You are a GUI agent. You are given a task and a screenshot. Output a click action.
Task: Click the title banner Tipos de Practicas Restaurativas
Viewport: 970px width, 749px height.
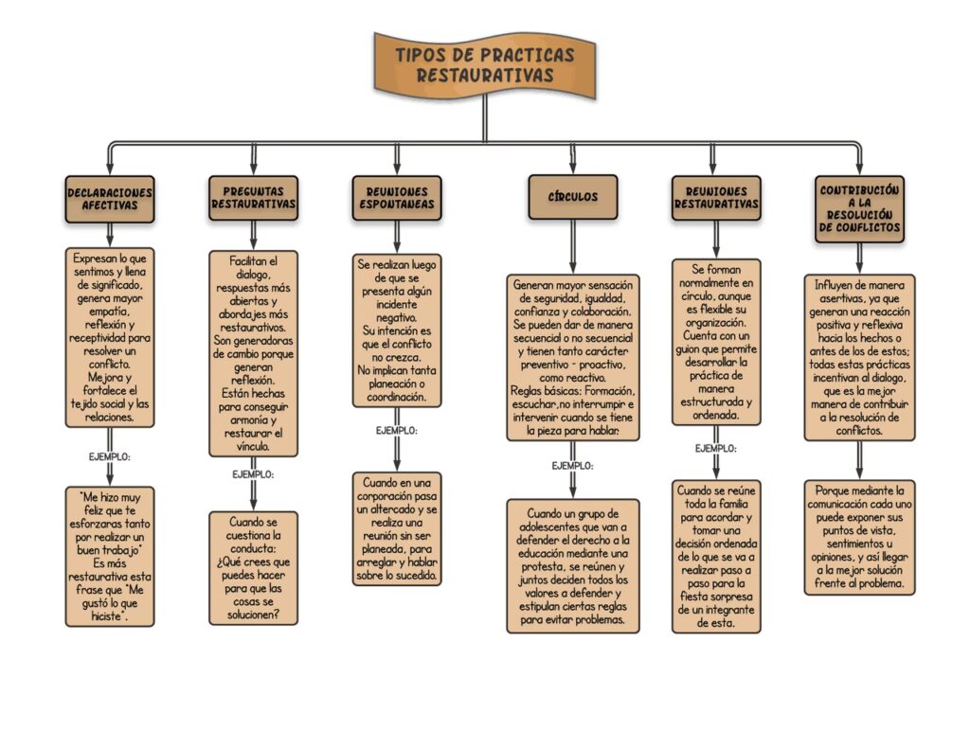[484, 64]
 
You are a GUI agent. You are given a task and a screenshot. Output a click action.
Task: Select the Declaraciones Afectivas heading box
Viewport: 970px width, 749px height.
[110, 199]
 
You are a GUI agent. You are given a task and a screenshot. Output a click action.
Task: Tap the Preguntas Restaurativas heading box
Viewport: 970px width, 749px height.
[253, 198]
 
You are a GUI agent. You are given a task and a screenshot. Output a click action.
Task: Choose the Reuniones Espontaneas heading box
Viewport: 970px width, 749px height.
[396, 198]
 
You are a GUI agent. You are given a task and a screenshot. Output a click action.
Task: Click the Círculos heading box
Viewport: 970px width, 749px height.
[572, 197]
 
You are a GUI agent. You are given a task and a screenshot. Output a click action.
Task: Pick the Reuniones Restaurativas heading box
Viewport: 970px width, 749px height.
[716, 198]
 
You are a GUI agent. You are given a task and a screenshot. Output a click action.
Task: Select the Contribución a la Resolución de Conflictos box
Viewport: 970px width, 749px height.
[859, 208]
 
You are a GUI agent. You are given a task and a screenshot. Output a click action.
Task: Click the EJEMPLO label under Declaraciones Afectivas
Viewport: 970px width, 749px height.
[110, 457]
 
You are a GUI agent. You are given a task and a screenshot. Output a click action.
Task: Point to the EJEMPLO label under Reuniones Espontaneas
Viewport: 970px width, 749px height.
[396, 431]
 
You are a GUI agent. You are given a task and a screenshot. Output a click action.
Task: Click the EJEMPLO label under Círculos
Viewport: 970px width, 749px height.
[572, 466]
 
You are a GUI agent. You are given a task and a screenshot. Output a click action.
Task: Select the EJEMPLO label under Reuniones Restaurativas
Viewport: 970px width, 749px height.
[716, 449]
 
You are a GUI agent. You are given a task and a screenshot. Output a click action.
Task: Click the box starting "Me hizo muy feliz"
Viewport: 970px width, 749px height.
[110, 556]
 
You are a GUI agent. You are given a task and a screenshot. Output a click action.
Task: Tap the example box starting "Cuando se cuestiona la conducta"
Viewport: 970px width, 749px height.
[253, 567]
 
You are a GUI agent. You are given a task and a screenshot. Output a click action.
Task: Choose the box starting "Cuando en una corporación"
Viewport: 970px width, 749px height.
[396, 527]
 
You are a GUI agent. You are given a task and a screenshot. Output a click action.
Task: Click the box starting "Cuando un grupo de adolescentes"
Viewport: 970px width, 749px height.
[572, 565]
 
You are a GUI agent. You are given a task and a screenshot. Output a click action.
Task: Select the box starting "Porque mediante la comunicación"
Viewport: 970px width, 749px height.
[859, 537]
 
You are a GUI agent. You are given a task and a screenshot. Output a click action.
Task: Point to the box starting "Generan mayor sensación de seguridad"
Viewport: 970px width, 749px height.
[572, 357]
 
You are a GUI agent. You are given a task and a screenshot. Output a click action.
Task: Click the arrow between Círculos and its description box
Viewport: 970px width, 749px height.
[572, 246]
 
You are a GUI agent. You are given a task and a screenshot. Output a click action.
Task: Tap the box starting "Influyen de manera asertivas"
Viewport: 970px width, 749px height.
[859, 357]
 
